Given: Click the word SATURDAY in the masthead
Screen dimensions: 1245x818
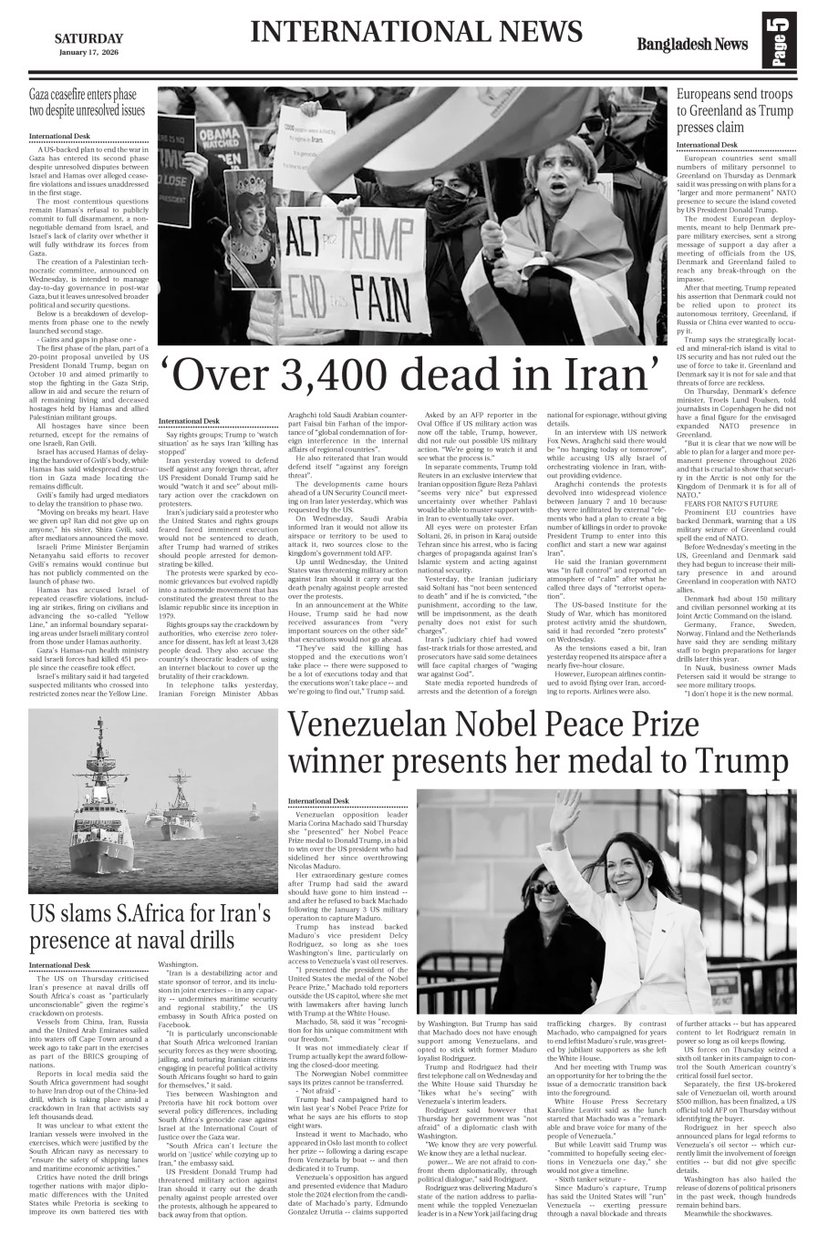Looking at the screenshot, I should tap(88, 37).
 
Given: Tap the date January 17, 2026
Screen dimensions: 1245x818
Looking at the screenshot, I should tap(88, 52).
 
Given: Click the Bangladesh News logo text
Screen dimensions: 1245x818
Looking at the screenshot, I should tap(693, 45).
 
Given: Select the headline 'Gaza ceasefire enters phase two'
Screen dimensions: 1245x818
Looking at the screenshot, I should tap(87, 102).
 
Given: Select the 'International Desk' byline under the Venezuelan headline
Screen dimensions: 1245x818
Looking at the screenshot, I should tap(318, 800).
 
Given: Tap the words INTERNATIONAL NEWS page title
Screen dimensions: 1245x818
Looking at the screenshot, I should tap(416, 33).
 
